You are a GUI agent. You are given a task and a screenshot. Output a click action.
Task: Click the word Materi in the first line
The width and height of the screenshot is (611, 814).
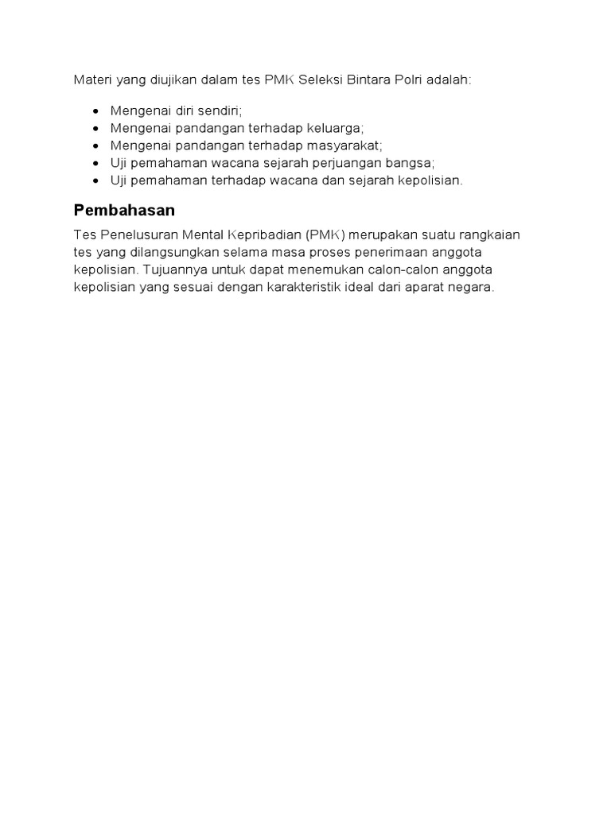(91, 80)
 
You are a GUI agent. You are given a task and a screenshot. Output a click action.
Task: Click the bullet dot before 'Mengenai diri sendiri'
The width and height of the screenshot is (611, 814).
(96, 111)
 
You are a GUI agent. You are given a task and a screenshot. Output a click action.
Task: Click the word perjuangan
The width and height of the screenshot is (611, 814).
(352, 163)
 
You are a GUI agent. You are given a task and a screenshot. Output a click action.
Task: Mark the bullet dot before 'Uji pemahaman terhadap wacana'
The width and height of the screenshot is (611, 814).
(96, 180)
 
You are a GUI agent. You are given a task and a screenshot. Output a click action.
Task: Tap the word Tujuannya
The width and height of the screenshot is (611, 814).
(171, 269)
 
